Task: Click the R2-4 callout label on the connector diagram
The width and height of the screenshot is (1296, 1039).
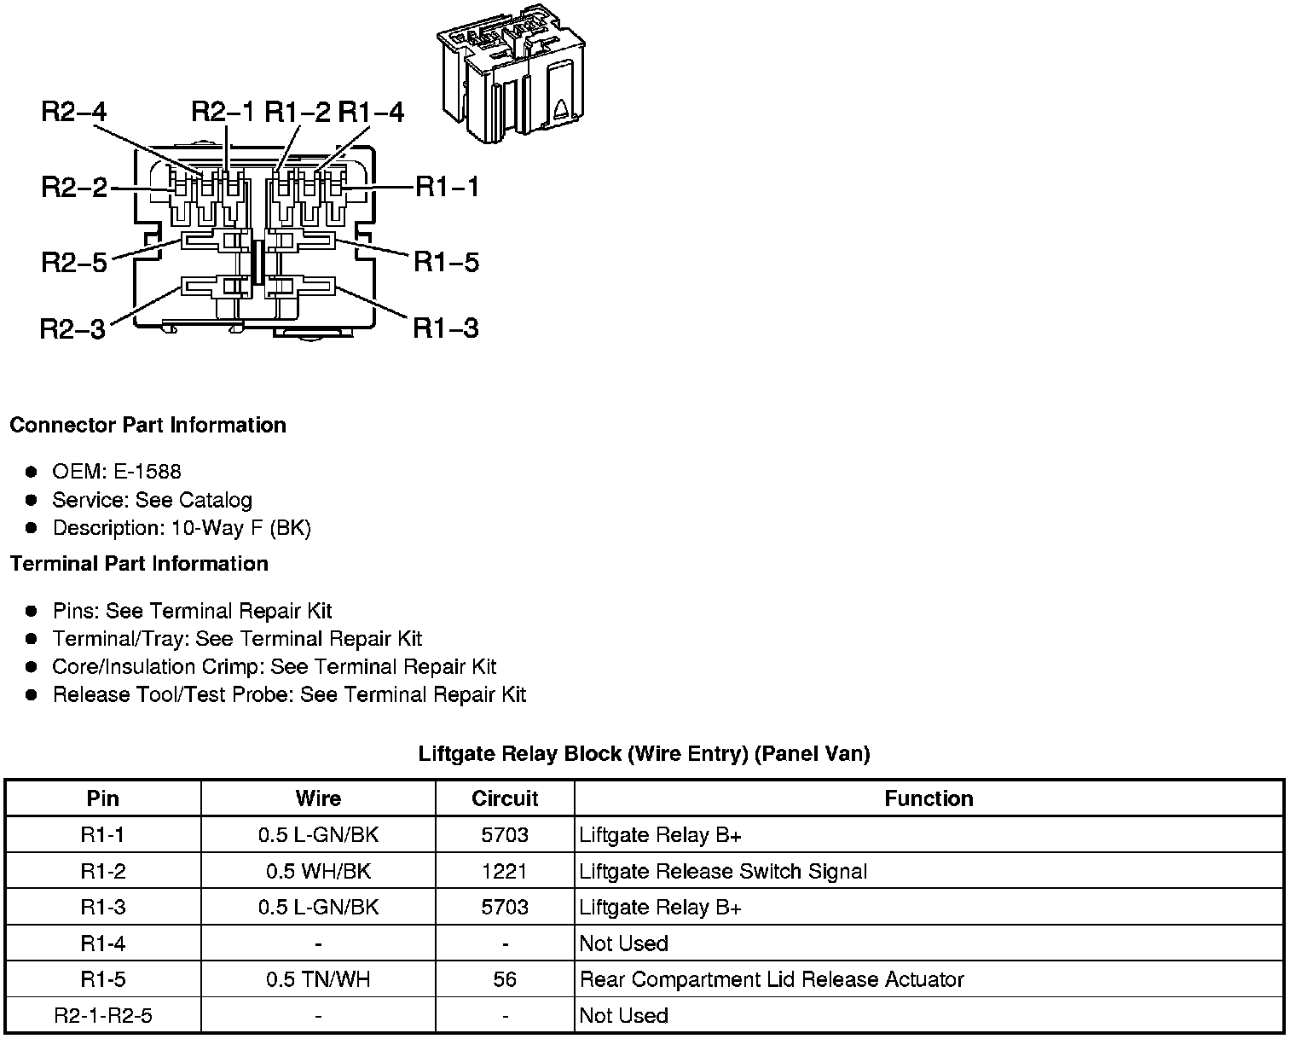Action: tap(74, 113)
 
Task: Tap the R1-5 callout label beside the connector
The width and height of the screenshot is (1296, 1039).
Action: tap(446, 262)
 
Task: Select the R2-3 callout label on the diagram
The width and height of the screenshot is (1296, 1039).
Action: tap(72, 328)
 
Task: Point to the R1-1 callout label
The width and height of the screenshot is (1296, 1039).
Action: tap(447, 187)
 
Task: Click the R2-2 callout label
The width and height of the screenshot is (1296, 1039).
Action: tap(74, 188)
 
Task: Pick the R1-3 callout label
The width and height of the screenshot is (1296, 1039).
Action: tap(445, 328)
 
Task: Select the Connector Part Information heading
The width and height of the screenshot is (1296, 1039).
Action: tap(148, 425)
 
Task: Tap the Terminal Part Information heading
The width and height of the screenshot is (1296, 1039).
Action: tap(139, 564)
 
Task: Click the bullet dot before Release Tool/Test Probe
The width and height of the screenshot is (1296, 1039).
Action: tap(32, 695)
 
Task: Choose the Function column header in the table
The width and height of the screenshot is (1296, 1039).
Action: tap(929, 798)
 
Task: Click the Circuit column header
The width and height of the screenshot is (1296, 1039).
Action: tap(505, 798)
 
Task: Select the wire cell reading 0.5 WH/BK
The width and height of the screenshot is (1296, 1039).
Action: tap(318, 871)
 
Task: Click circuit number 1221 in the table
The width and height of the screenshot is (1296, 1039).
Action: tap(505, 871)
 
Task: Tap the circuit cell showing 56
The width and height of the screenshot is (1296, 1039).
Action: tap(505, 979)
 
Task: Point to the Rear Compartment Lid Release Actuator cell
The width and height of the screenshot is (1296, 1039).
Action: tap(771, 979)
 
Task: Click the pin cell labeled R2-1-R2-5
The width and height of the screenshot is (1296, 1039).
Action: tap(103, 1015)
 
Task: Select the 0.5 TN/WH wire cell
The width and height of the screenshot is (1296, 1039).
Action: tap(318, 979)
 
